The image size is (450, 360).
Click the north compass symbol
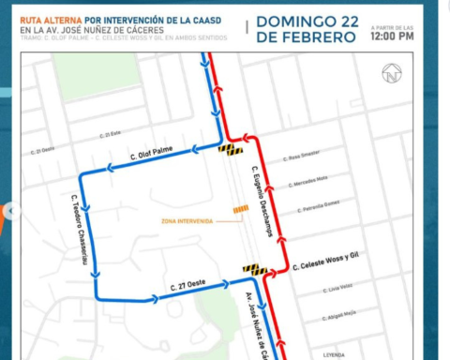391,73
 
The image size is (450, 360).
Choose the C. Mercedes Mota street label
308,179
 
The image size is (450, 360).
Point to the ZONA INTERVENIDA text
187,221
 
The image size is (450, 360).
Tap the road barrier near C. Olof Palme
231,149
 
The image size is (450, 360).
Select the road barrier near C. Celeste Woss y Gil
254,270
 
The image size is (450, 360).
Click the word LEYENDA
335,355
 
